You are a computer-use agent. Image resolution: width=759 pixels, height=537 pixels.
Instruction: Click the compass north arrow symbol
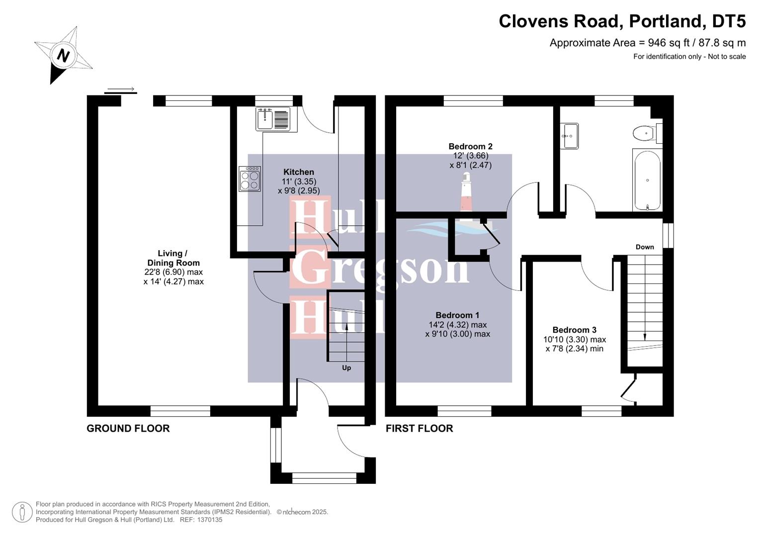coord(63,55)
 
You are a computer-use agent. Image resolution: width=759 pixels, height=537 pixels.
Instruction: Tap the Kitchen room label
coord(298,172)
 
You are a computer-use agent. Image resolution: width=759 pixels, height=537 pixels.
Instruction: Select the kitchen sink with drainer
coord(273,119)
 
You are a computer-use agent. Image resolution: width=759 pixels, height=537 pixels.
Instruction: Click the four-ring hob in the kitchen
coord(250,179)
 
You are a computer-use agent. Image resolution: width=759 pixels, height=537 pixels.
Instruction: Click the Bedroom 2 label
coord(470,146)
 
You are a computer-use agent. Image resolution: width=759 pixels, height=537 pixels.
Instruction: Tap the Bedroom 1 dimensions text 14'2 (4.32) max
coord(457,325)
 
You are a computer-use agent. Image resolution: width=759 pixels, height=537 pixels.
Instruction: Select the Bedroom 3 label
coord(574,330)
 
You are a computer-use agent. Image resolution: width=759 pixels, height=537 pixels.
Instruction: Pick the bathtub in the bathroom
coord(647,180)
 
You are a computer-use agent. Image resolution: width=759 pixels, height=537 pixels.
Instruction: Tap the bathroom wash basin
coord(569,136)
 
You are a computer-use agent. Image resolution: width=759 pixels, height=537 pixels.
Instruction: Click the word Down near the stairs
coord(645,247)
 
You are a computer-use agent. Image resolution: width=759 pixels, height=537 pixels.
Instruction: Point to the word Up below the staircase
coord(346,368)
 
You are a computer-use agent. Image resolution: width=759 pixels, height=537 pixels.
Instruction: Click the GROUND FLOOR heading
coord(128,428)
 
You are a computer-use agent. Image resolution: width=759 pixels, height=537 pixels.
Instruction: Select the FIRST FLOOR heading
coord(419,428)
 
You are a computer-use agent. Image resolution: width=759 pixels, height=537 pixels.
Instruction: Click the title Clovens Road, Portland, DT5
coord(622,21)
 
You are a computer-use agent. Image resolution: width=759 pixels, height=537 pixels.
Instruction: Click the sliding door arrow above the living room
coord(121,90)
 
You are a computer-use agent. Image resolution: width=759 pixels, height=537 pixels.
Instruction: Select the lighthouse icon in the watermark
coord(466,193)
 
